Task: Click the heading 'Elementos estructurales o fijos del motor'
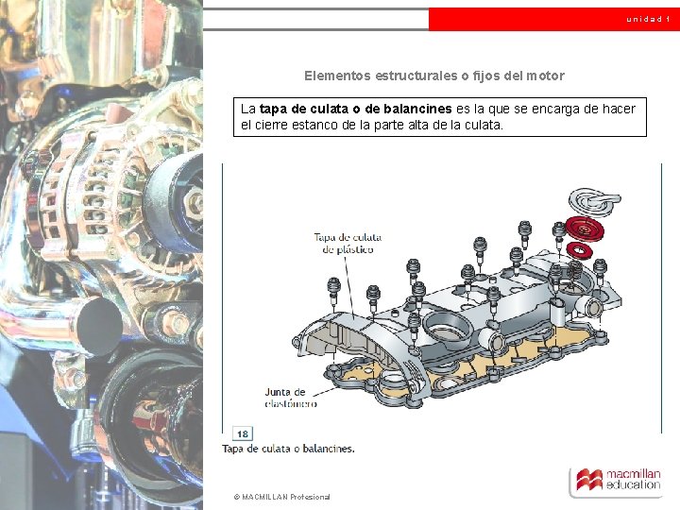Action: [434, 76]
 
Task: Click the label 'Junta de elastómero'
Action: [291, 398]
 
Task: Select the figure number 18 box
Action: [243, 433]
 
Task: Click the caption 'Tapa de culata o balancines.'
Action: [288, 449]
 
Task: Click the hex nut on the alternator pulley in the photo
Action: [194, 202]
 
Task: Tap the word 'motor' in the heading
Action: [546, 76]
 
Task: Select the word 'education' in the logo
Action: [633, 485]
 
